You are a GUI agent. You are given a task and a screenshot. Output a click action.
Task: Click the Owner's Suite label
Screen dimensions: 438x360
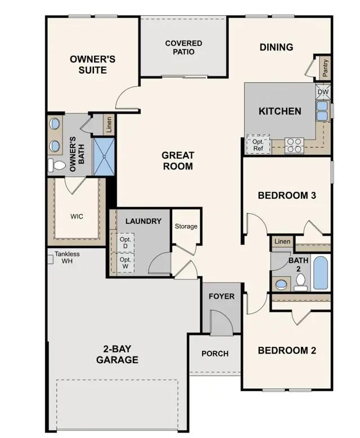92,64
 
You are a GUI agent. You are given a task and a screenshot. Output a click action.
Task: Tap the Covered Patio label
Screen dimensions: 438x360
183,47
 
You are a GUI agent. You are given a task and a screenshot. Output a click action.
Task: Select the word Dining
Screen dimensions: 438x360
276,47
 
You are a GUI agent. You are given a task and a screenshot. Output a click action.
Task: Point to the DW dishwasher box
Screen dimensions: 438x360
323,92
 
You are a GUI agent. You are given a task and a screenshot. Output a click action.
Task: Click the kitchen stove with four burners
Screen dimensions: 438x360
294,145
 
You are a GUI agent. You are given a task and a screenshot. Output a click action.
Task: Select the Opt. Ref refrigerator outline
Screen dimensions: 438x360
258,145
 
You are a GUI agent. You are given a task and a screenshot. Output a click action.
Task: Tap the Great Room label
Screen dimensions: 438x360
178,160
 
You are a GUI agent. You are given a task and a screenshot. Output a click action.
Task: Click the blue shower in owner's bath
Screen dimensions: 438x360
103,156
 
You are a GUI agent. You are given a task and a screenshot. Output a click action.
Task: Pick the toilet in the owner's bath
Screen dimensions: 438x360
57,165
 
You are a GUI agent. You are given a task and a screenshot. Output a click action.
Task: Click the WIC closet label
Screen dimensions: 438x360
77,216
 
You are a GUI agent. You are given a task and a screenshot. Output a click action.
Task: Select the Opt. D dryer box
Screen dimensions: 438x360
125,242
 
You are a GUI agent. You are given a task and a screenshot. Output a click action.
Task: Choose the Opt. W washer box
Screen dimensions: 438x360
125,263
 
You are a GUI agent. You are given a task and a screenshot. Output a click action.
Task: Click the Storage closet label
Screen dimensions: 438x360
186,226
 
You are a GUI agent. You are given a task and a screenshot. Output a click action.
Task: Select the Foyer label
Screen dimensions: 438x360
222,296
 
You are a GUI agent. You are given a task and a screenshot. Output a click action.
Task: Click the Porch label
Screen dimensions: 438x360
215,354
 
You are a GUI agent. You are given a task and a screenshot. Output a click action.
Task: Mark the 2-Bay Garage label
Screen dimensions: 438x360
117,355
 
